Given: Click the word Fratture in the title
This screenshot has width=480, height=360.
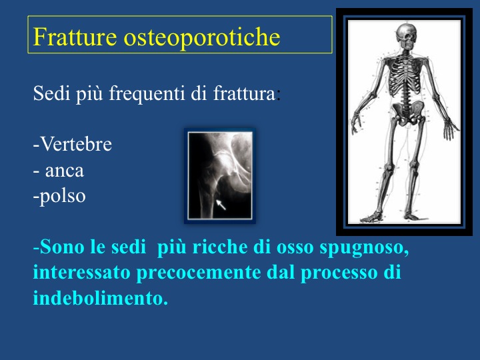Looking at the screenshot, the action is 75,37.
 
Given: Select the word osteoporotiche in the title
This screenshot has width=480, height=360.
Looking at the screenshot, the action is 202,37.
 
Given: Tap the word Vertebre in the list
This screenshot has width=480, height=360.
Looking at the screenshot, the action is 76,144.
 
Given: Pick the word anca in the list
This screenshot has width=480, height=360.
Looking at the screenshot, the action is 65,171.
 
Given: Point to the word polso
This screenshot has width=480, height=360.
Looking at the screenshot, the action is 63,197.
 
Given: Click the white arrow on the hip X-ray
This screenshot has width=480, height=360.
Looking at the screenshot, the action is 221,205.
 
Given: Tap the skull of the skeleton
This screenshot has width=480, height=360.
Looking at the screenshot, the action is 407,35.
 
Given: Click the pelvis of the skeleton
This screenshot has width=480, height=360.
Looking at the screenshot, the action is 408,113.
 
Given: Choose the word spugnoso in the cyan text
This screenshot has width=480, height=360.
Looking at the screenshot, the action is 364,248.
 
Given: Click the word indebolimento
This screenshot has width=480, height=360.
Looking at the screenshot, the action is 101,298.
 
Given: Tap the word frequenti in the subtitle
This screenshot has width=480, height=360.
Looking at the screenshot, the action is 147,93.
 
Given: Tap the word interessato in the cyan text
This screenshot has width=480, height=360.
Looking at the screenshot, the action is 82,273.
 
